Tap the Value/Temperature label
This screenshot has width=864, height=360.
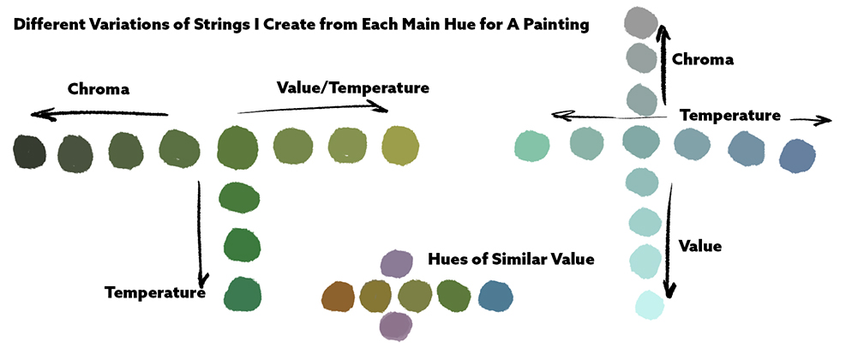pos(352,87)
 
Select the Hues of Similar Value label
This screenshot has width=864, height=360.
pos(512,259)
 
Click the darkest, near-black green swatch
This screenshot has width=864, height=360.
pos(30,152)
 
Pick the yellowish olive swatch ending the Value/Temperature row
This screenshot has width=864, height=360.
pos(400,146)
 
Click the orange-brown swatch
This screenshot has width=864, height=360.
pos(338,296)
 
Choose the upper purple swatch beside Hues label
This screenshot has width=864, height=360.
pos(397,263)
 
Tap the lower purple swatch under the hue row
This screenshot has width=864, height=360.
pos(396,325)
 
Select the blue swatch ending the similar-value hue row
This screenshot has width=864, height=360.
pos(495,296)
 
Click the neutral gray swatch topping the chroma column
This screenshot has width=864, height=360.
pos(642,22)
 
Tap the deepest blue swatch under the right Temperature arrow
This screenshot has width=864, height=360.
pos(797,156)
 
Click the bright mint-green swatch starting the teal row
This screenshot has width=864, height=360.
pos(532,146)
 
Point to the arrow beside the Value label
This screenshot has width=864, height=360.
pos(669,240)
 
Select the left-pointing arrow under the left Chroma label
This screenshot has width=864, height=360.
pos(99,114)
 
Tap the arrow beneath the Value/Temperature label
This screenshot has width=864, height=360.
pos(313,108)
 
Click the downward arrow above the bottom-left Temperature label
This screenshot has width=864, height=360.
pos(201,231)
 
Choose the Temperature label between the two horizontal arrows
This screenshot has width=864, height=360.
pos(730,115)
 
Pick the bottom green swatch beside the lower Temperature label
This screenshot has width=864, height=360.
pos(243,294)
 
